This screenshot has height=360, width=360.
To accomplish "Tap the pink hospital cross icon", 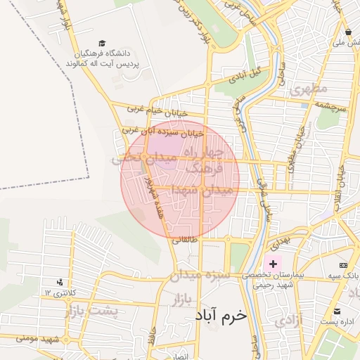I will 274,264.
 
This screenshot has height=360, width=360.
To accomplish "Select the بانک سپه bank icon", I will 342,265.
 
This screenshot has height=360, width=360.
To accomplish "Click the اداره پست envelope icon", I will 337,311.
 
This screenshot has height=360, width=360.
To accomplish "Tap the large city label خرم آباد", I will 222,315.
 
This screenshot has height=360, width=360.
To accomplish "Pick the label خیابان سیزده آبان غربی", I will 162,131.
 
